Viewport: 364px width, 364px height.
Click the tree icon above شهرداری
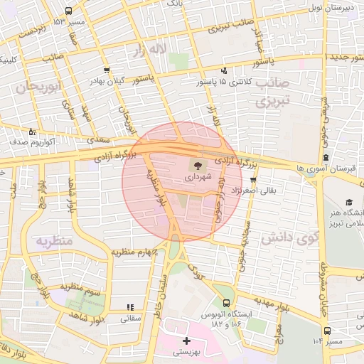click(x=196, y=164)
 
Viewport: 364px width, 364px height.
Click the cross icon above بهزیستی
click(x=186, y=341)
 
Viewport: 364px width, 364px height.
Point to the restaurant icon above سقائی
click(x=129, y=308)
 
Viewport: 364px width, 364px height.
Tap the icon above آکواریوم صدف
click(x=31, y=132)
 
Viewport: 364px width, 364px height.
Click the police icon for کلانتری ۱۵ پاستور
click(x=225, y=70)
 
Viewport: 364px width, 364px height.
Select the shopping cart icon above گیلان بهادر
click(x=107, y=70)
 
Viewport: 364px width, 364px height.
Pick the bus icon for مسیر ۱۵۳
click(x=68, y=11)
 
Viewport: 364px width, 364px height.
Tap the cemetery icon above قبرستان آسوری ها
click(x=325, y=157)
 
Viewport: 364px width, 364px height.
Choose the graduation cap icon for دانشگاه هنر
click(x=349, y=203)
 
